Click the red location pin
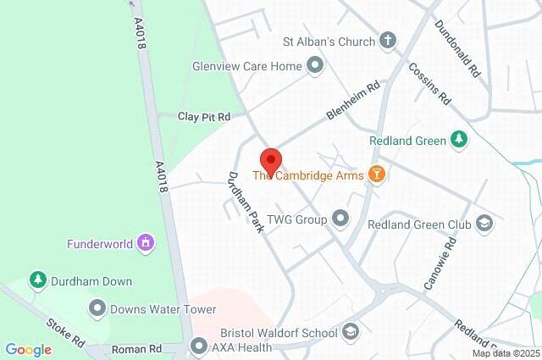coord(270,160)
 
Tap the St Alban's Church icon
coord(388,41)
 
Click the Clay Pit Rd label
coord(204,116)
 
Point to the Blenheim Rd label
coord(354,101)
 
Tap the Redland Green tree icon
coord(459,140)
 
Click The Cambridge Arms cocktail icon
coord(377,175)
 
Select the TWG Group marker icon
coord(341,219)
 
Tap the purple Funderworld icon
coord(147,244)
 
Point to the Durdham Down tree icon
coord(37,279)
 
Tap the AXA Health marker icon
coord(199,346)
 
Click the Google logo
coord(28,350)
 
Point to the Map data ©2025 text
coord(505,353)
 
